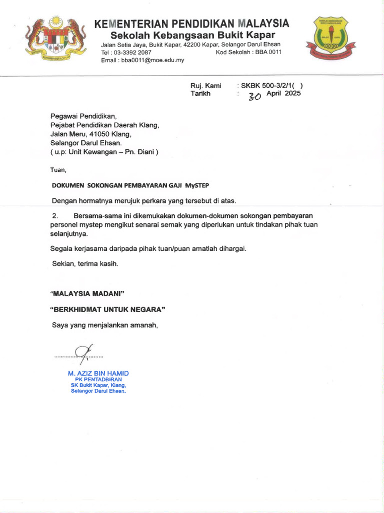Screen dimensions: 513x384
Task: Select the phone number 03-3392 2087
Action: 133,52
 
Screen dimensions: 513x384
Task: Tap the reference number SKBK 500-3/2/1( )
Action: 271,85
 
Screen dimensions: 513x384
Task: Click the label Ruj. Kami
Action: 205,85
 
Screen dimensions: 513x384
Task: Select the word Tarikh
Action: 200,93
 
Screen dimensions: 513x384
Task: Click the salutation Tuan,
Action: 58,170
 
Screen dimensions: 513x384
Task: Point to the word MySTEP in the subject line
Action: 197,185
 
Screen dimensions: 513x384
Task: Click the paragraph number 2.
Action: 55,215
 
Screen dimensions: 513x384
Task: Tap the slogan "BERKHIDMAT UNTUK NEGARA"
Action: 107,310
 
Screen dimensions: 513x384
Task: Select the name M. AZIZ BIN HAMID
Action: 98,374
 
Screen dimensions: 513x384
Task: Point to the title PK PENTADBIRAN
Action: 98,380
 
